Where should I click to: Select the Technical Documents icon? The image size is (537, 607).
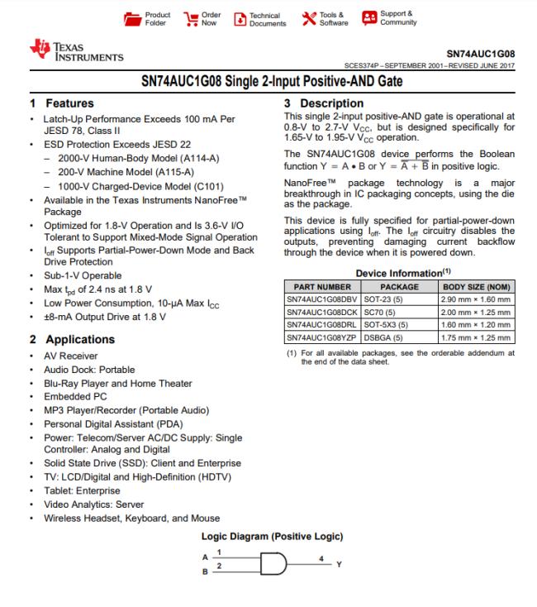coord(240,18)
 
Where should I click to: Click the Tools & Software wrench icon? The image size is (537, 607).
coord(308,17)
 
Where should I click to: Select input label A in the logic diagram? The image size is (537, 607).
coord(206,555)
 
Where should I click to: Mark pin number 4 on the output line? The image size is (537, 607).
coord(323,557)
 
